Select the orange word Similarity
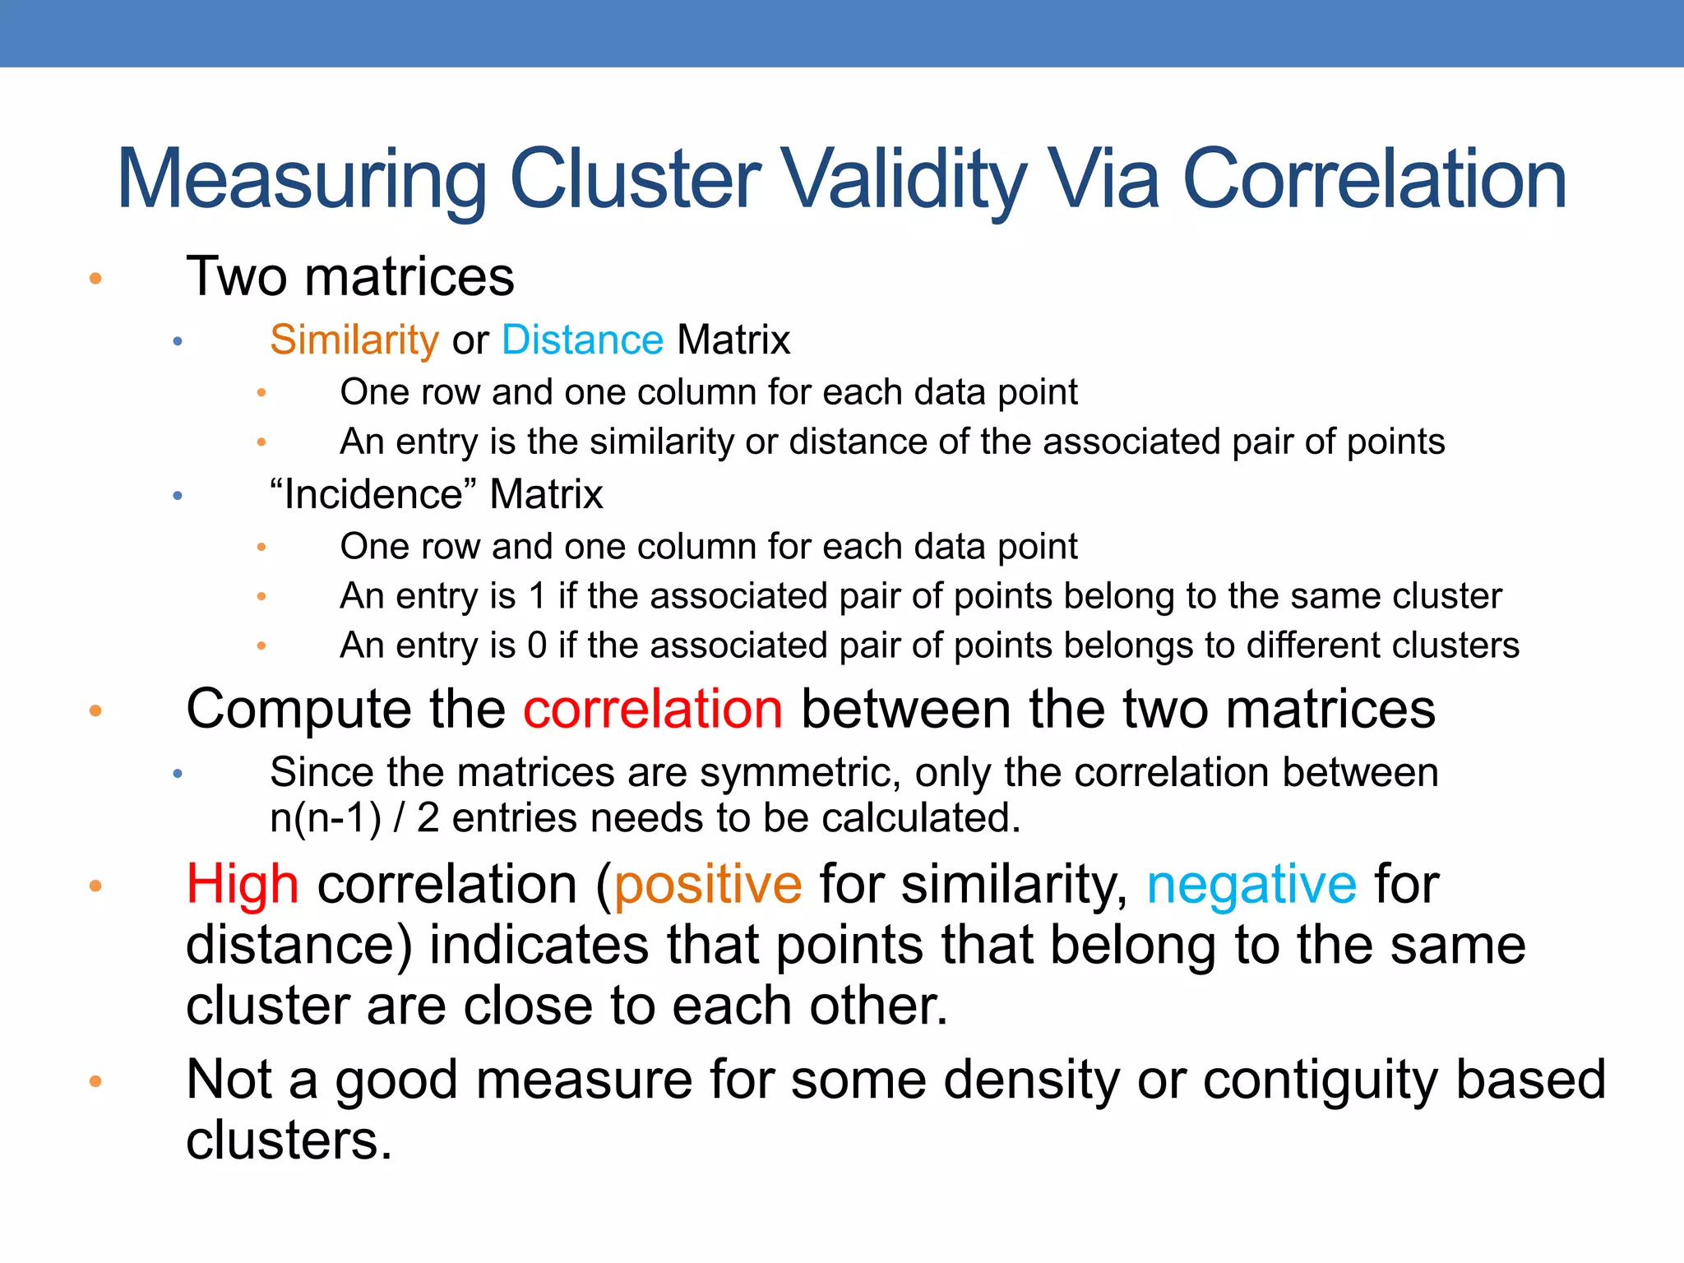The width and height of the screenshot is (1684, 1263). (x=354, y=340)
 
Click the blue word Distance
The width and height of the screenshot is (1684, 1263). (x=582, y=340)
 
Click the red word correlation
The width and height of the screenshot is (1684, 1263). (x=653, y=709)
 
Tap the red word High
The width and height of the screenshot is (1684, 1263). (x=242, y=885)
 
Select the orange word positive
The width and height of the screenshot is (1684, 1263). (x=707, y=885)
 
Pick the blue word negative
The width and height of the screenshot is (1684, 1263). (x=1251, y=885)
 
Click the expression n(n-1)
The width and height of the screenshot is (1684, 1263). (x=326, y=818)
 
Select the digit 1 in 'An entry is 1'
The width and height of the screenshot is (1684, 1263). (x=538, y=596)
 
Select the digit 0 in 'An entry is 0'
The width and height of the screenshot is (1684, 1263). (x=537, y=645)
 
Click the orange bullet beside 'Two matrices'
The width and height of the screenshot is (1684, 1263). (x=95, y=279)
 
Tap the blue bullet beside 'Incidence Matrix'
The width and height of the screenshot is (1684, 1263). (x=178, y=496)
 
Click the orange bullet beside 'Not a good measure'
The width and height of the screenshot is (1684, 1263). (x=95, y=1080)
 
